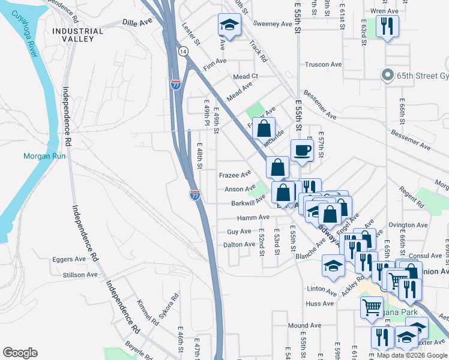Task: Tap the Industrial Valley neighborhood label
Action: (73, 35)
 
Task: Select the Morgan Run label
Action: (40, 157)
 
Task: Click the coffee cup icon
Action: (302, 150)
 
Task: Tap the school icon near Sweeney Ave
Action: (228, 25)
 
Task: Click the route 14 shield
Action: (182, 52)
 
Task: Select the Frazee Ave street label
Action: (235, 175)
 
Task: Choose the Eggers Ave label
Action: (69, 260)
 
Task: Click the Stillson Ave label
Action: (79, 275)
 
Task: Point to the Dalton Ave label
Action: (239, 245)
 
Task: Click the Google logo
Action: (20, 353)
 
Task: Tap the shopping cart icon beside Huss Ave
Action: (371, 307)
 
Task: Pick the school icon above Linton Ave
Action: (334, 266)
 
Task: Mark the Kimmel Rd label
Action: (148, 313)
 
